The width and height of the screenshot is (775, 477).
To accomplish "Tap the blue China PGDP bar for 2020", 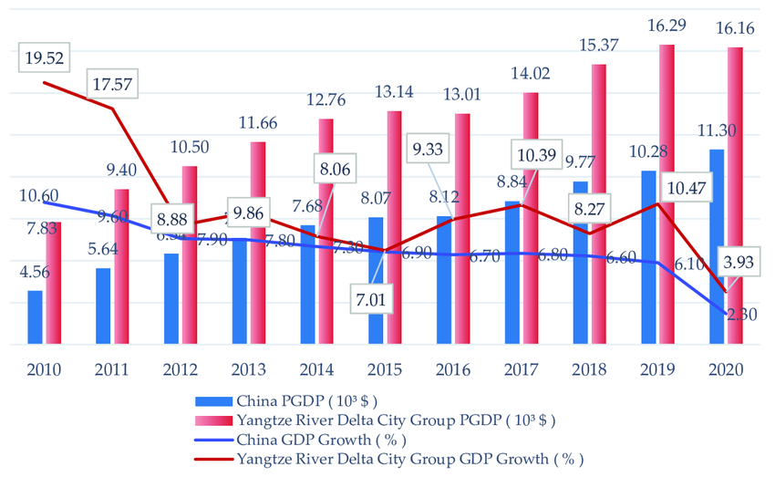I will pos(718,246).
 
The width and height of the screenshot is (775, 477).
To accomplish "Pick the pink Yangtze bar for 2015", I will pos(394,228).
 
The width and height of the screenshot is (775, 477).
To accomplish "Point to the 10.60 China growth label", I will pos(38,194).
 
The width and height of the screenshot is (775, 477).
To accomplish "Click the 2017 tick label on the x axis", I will pos(520,369).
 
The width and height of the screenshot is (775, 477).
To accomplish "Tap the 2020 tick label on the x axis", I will pos(725,369).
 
